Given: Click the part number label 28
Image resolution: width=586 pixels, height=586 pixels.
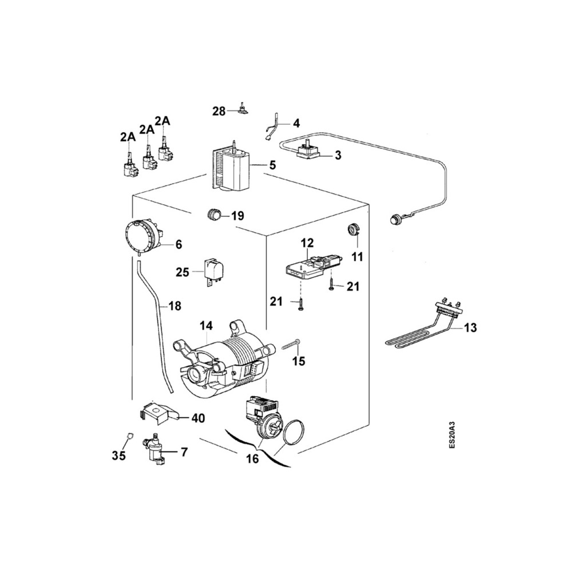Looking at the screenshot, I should click(219, 111).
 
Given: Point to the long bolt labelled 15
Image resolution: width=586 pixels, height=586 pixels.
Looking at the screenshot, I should click(291, 345).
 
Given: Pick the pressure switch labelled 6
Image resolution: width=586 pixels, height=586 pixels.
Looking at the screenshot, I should click(142, 235).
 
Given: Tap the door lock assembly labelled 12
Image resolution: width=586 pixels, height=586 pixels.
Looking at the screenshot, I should click(312, 266).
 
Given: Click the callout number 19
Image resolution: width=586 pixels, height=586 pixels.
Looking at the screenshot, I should click(237, 216).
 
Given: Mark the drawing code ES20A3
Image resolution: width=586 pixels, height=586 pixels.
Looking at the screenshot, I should click(452, 435).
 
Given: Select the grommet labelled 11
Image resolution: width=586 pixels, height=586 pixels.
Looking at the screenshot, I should click(354, 230).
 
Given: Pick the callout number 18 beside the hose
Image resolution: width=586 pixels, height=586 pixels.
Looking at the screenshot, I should click(175, 306).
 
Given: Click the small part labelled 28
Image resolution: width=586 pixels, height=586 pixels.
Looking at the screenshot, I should click(243, 109).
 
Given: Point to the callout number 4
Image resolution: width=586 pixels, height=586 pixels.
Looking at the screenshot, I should click(296, 123).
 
